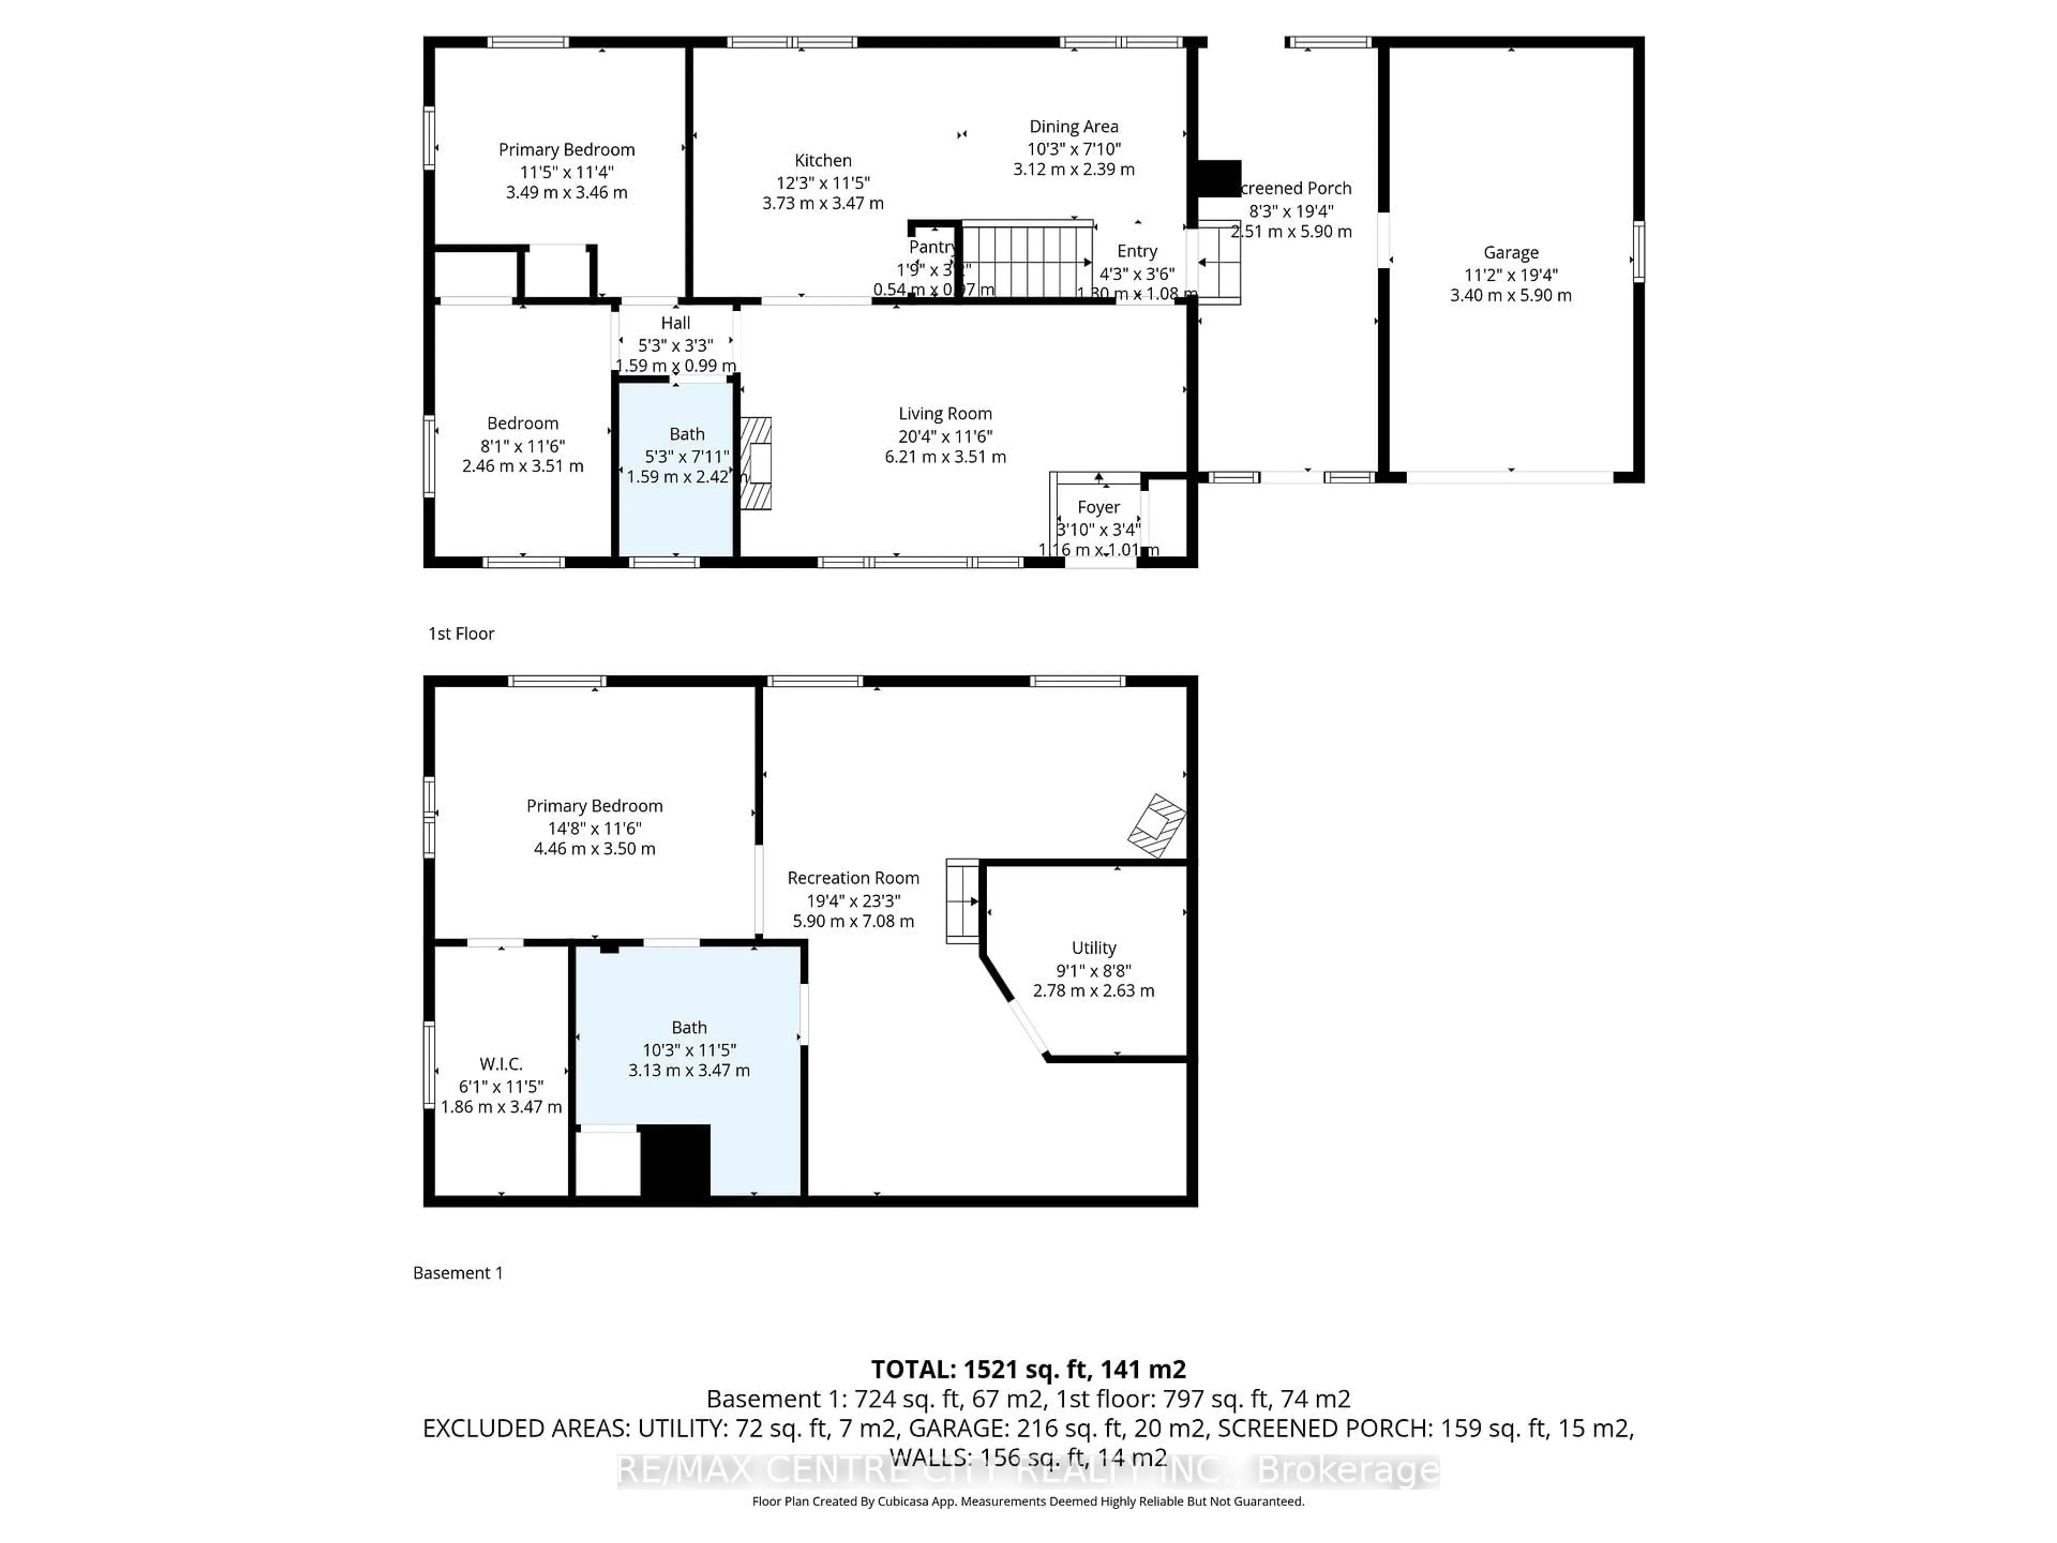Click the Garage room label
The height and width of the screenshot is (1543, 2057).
1510,252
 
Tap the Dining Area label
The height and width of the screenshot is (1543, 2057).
1073,126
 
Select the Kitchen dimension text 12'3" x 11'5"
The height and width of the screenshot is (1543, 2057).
822,182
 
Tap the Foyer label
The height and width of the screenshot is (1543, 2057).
1098,507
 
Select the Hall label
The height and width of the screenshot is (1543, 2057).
675,323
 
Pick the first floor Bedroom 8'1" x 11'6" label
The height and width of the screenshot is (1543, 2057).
523,423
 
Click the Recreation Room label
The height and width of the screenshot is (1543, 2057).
853,878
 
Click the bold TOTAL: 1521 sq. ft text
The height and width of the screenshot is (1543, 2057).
1027,1369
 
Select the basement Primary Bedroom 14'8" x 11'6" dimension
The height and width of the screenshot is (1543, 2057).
594,828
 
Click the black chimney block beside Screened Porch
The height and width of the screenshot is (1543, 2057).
1218,178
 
